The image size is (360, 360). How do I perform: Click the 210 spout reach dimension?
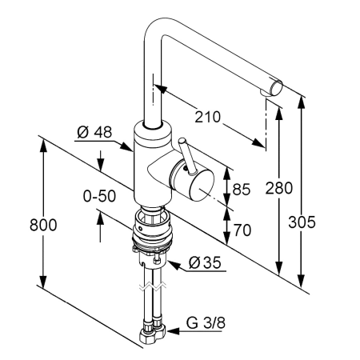(x=207, y=117)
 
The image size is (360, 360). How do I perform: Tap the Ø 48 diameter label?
(x=94, y=132)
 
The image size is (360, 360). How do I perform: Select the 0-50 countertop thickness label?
(x=99, y=196)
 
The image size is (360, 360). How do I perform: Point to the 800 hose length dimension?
(x=43, y=225)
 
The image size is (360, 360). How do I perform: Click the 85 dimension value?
(x=242, y=190)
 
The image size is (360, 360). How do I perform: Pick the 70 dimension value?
(x=242, y=230)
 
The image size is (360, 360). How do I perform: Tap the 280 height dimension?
(x=279, y=188)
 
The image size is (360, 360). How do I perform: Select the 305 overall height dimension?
(x=302, y=222)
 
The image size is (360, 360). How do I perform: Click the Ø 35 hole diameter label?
(x=205, y=262)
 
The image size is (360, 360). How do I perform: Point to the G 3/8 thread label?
(x=206, y=323)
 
